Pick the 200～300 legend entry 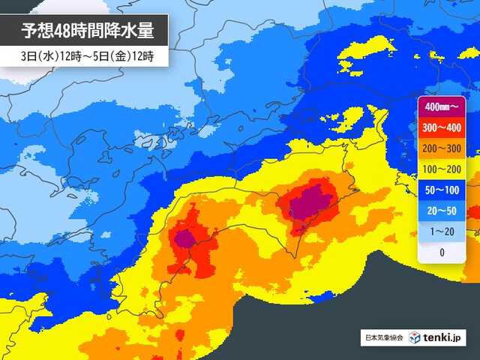(442, 150)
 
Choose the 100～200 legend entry (442, 170)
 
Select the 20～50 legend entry (442, 211)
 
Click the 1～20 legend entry (442, 232)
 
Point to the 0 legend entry (442, 252)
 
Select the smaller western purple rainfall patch (184, 238)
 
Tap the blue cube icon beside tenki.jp (416, 338)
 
